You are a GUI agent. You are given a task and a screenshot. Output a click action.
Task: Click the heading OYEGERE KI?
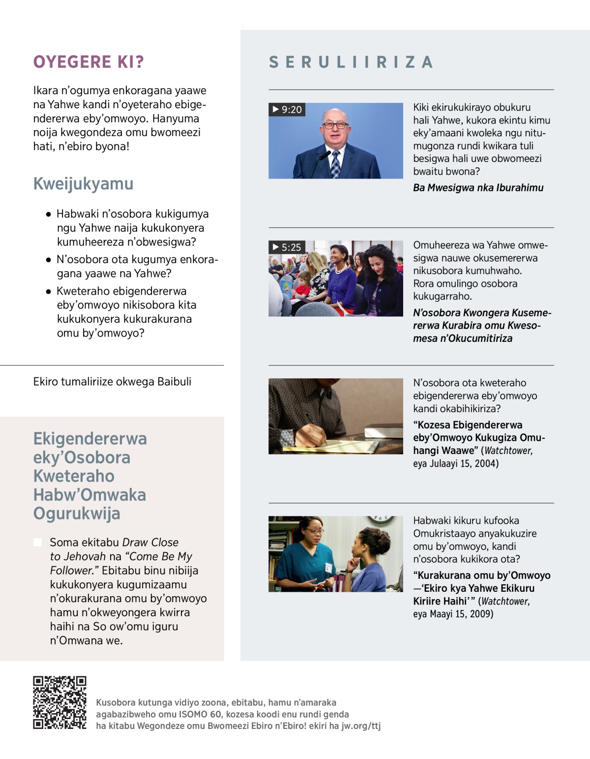[x=88, y=62]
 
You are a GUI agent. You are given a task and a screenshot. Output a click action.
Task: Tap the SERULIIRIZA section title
[x=351, y=62]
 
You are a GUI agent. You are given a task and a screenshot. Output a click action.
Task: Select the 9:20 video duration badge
[x=287, y=109]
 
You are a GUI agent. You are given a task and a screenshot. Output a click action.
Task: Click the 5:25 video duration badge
[x=287, y=247]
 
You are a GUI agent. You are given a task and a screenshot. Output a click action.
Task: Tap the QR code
[x=59, y=702]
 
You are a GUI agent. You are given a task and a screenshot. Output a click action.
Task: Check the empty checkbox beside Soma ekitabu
[x=37, y=542]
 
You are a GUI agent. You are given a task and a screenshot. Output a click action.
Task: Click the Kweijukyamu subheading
[x=84, y=183]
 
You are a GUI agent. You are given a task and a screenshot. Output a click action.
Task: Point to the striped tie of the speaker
[x=335, y=164]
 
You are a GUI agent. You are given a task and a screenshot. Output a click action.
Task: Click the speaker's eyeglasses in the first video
[x=335, y=125]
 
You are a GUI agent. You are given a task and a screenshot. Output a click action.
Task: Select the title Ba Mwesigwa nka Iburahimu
[x=478, y=187]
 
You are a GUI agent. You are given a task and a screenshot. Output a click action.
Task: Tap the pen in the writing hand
[x=315, y=426]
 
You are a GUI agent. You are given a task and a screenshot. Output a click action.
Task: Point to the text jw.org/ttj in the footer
[x=361, y=726]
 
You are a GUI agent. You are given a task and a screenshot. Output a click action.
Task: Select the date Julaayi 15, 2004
[x=464, y=463]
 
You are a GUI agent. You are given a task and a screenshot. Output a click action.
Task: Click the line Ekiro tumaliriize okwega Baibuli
[x=112, y=382]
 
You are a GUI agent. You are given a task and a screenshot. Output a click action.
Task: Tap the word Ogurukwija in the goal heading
[x=77, y=513]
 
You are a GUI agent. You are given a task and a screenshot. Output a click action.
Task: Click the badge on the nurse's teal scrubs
[x=328, y=567]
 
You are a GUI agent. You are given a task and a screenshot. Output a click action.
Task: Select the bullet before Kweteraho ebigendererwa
[x=48, y=291]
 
